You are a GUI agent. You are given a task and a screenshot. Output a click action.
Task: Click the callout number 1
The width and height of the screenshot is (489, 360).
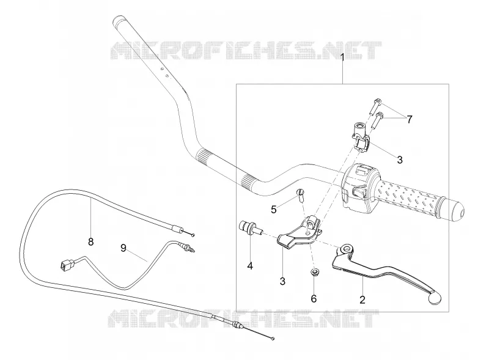click(x=342, y=57)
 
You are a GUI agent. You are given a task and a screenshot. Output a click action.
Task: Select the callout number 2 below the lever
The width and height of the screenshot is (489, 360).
click(x=362, y=299)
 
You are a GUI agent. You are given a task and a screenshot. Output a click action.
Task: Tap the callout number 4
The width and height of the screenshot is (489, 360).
click(x=250, y=266)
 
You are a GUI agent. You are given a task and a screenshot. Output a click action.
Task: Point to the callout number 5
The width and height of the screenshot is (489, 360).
click(x=273, y=210)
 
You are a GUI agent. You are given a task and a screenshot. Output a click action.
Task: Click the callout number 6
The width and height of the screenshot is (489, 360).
click(x=314, y=299)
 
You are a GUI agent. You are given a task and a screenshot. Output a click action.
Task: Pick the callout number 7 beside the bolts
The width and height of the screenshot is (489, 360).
click(x=409, y=119)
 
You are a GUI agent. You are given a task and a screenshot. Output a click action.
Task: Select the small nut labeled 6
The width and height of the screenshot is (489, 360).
click(x=313, y=273)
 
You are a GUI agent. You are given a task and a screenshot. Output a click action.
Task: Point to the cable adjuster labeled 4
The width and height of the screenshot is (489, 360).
click(x=249, y=228)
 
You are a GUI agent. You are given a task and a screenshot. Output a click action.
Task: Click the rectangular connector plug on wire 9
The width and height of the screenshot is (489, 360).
click(x=65, y=266)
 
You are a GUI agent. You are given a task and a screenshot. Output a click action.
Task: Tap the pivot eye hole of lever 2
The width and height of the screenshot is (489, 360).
click(x=345, y=249)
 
